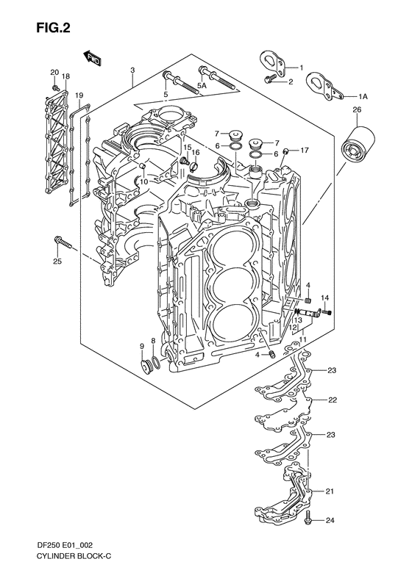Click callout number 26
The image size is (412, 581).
pos(357,111)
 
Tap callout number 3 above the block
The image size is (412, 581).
pos(132,71)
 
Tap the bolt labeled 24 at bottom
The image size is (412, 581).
pos(308,520)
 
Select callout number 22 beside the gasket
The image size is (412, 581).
pos(333,400)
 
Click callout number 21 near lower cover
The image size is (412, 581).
pos(330,491)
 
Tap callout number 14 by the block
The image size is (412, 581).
pos(324,298)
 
